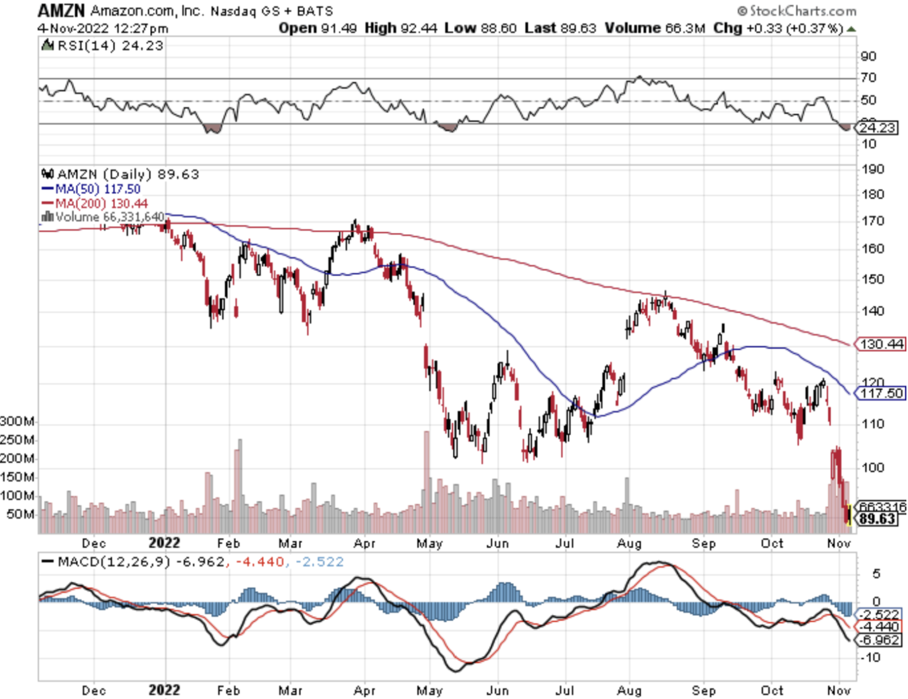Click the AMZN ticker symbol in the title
61,10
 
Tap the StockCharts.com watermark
797,11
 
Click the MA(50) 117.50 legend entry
91,189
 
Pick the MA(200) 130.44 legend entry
95,203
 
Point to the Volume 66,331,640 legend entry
103,217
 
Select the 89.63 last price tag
877,519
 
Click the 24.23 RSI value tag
878,128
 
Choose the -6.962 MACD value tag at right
880,640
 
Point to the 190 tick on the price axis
873,169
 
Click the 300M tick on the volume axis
17,421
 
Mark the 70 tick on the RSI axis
868,77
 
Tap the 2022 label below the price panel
164,543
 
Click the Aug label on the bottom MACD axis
629,691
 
